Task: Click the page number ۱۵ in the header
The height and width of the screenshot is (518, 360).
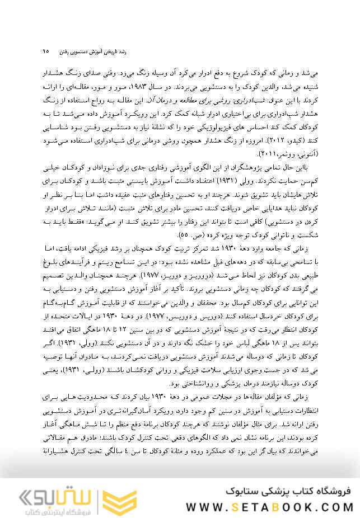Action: coord(45,51)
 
